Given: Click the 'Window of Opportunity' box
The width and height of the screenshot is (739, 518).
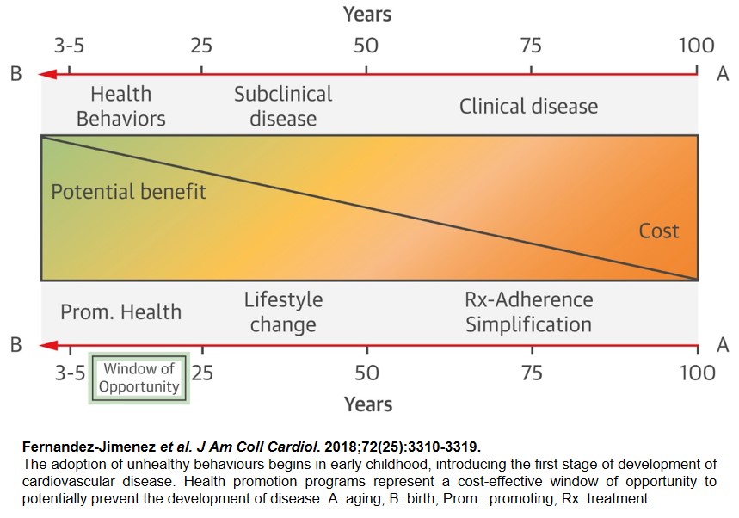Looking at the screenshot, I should pos(139,378).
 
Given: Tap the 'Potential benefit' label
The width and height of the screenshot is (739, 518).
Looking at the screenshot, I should pos(128,191).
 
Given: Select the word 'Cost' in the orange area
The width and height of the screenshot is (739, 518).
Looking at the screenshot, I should pos(658,231).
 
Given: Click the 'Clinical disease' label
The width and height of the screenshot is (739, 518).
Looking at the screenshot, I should pos(528,107).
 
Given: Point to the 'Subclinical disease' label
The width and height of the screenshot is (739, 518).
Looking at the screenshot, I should pos(283,106).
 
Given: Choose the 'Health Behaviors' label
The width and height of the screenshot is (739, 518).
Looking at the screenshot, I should pos(120,106).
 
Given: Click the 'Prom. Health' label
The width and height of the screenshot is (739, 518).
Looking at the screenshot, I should pos(120,311).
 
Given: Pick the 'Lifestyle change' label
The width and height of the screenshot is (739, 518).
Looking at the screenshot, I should pos(283,312).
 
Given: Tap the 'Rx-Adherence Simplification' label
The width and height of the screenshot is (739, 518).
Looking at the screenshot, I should pos(528,312).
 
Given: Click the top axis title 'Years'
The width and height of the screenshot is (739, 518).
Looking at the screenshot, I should pos(367,15).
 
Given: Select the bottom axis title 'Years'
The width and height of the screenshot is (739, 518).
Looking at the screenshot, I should pos(367,404).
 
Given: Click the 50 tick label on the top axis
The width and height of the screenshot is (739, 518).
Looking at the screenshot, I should pos(366,46).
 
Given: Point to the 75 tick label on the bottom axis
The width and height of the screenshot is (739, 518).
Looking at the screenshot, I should pos(532,373).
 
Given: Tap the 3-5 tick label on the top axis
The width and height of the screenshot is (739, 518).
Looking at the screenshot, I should pos(70,46).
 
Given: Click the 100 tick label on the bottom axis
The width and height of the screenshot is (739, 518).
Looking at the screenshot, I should pos(696,373).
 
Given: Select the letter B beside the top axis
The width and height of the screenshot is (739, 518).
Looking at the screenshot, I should pos(15,75).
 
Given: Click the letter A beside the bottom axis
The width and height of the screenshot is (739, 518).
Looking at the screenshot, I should pos(723,346).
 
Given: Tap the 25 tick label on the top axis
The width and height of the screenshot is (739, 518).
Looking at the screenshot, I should pos(201,46).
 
